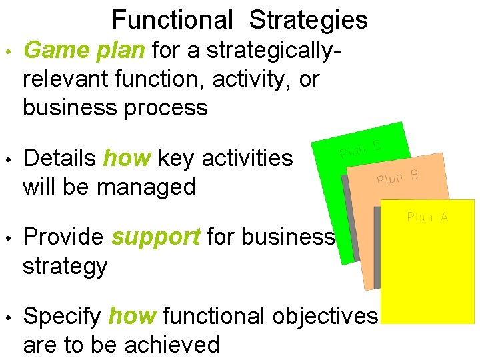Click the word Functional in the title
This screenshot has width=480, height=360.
pyautogui.click(x=172, y=20)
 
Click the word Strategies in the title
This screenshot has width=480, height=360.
pyautogui.click(x=308, y=20)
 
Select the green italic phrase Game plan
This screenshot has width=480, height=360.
pyautogui.click(x=86, y=50)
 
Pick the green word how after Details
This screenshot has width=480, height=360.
pyautogui.click(x=127, y=159)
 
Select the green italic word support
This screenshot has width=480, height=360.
pyautogui.click(x=155, y=237)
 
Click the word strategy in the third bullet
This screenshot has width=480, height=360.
pyautogui.click(x=65, y=266)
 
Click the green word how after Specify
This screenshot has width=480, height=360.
pyautogui.click(x=133, y=316)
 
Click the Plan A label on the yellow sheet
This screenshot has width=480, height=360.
pyautogui.click(x=427, y=217)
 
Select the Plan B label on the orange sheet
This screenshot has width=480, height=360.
pyautogui.click(x=397, y=177)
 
